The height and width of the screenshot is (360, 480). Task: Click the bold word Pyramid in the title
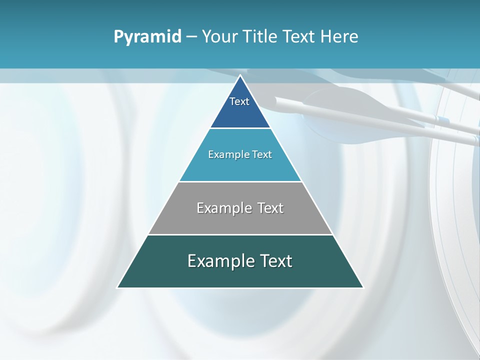(147, 37)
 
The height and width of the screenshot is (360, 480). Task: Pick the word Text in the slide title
(299, 37)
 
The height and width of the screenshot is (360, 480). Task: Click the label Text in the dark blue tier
(239, 101)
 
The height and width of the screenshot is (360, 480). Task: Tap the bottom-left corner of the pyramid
(117, 287)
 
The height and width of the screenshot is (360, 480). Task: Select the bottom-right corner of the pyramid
(363, 287)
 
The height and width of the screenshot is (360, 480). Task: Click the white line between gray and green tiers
(240, 234)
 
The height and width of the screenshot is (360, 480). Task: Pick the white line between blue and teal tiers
(240, 128)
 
